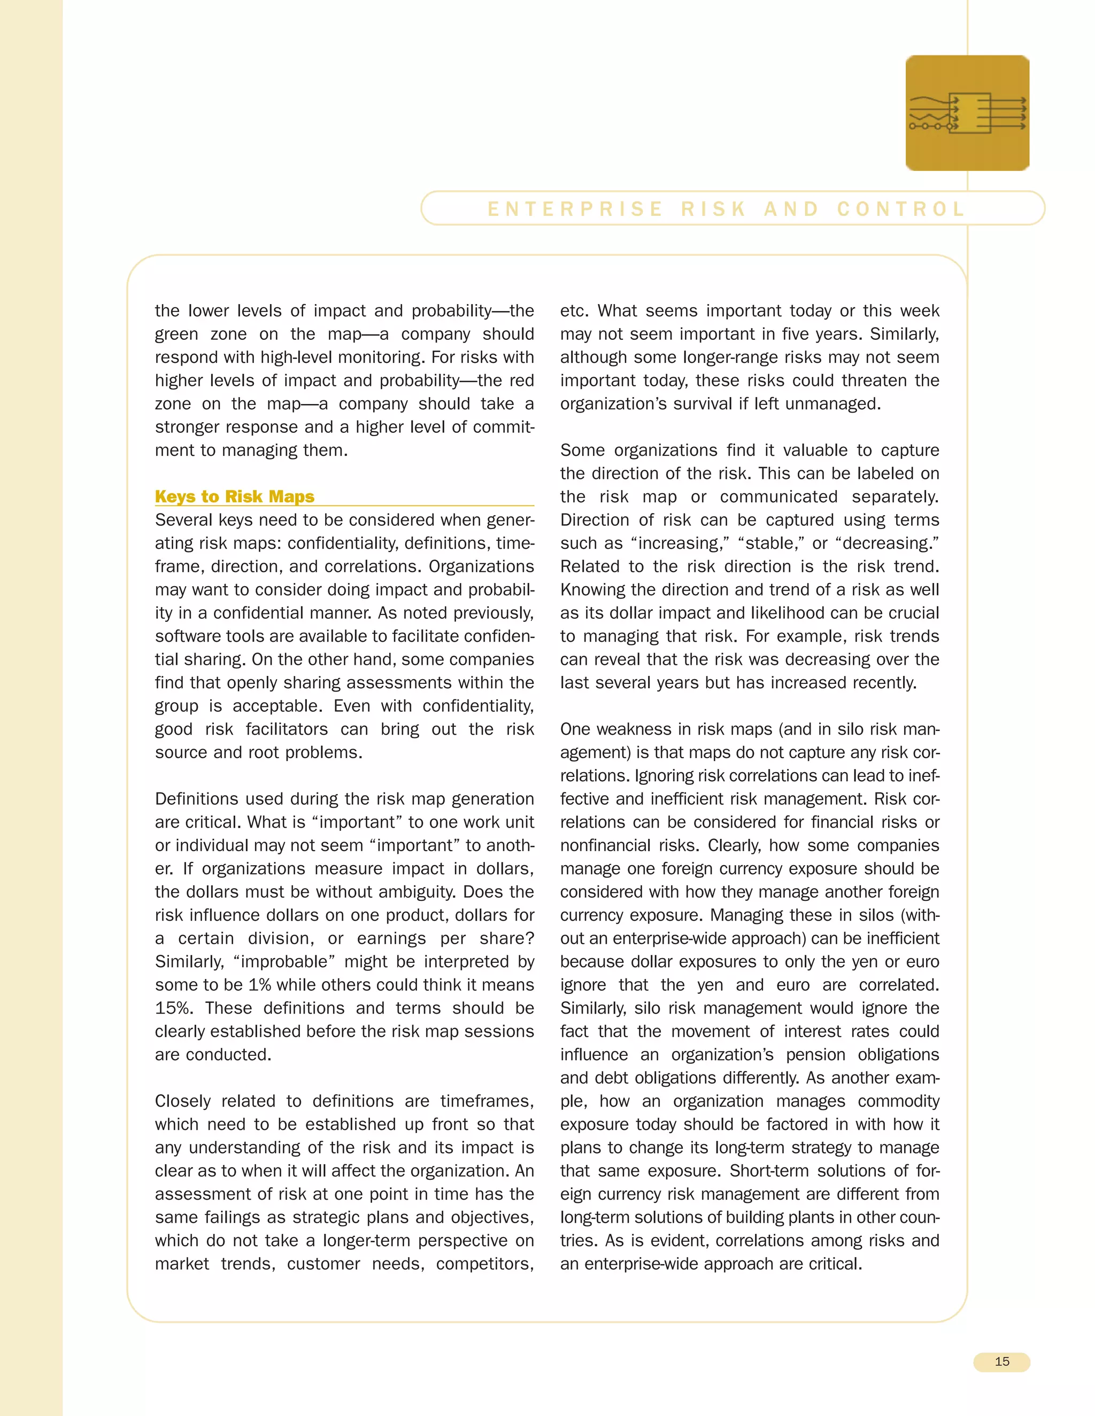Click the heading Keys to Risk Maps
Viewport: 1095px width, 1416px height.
point(234,496)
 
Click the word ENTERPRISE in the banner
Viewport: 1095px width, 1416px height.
point(575,209)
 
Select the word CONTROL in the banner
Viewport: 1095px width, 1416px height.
point(901,209)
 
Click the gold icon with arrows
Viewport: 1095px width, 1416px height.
point(967,113)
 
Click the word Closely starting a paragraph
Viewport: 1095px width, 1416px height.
point(182,1101)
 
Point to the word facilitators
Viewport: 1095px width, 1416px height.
point(286,729)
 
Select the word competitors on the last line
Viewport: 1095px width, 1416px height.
point(484,1264)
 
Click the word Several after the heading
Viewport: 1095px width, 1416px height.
point(184,520)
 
